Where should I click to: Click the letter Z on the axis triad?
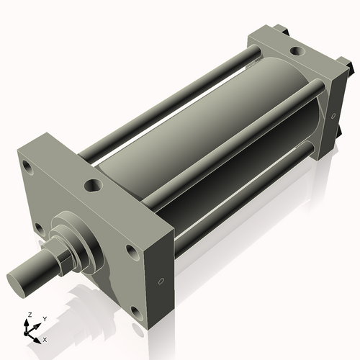[29, 315]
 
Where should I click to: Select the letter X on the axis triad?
[45, 338]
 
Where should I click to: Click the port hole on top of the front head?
[93, 186]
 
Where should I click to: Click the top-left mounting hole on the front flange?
[28, 169]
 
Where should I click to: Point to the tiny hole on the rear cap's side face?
[333, 115]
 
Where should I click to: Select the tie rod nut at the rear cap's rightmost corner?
[353, 71]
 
